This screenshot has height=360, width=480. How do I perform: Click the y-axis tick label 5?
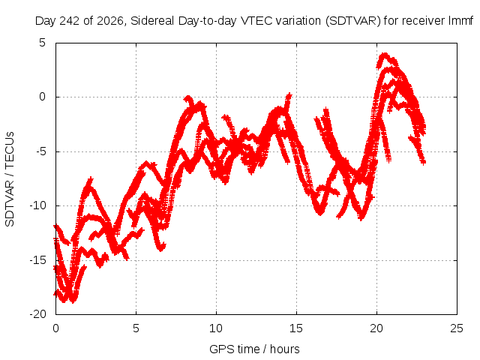(x=42, y=43)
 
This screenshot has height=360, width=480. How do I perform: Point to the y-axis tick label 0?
(x=42, y=97)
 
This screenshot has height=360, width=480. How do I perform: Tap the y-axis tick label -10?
(x=37, y=205)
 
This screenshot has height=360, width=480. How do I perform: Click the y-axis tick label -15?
(x=37, y=260)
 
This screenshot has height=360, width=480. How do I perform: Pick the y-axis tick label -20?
(x=37, y=314)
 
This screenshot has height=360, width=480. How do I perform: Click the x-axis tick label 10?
(x=216, y=328)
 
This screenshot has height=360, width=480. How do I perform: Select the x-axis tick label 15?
(x=296, y=328)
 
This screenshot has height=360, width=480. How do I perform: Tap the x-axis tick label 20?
(x=376, y=328)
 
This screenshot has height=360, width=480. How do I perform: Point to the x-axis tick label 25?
(x=457, y=328)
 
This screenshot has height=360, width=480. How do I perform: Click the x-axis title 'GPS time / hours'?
(x=254, y=349)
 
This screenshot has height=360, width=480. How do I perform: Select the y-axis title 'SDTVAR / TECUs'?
(x=10, y=179)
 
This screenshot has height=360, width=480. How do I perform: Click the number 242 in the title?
(x=70, y=21)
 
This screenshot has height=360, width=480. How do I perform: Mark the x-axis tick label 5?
(x=136, y=328)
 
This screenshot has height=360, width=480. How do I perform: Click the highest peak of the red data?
(x=385, y=55)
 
